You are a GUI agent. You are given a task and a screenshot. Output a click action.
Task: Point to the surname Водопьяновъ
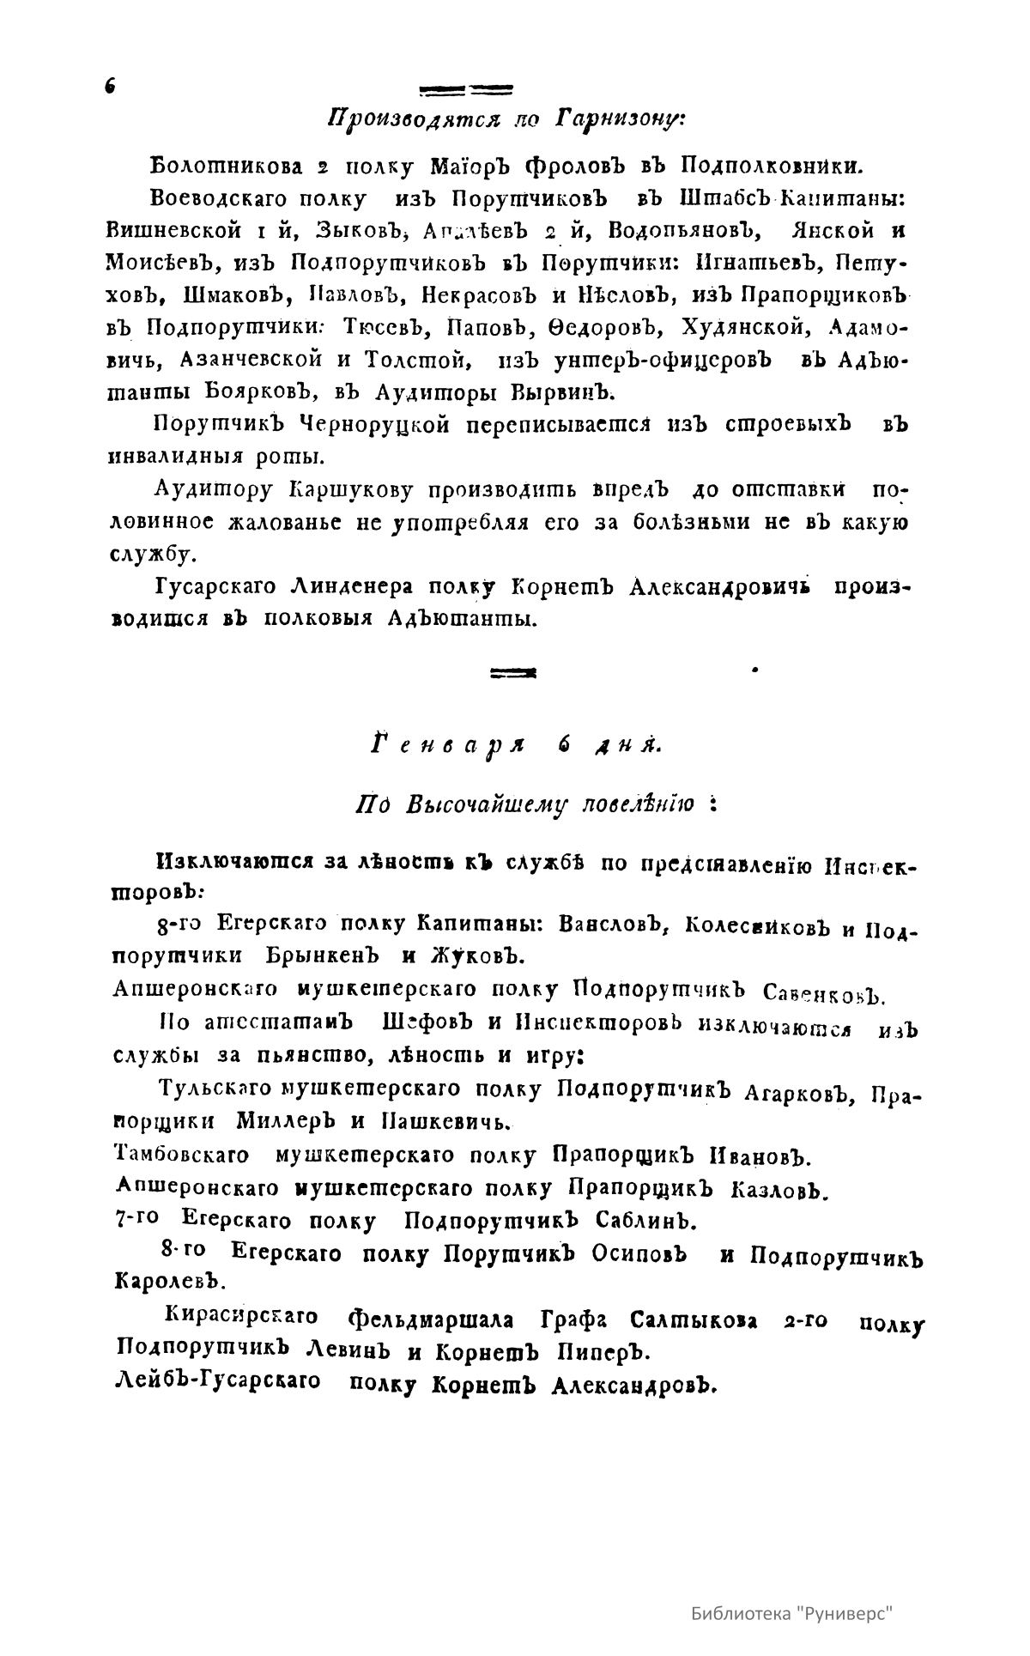686,231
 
